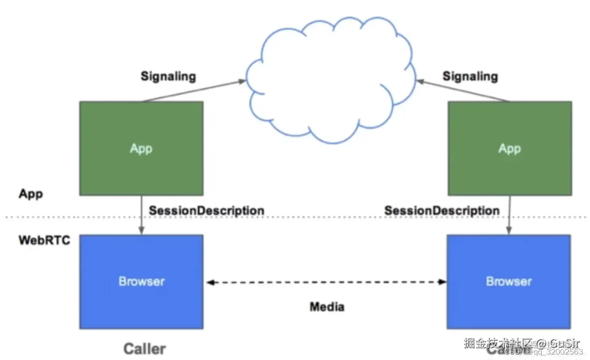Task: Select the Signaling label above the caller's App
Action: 168,76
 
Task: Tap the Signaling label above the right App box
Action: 470,76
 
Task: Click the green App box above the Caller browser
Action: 141,148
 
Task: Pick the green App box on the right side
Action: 510,148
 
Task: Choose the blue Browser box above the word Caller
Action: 141,281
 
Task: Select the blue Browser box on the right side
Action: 509,281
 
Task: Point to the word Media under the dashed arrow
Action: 327,307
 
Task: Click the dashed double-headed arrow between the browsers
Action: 326,282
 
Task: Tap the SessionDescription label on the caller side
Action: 206,210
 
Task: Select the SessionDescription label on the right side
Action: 442,211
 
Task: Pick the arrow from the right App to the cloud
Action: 463,91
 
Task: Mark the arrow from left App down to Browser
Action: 142,215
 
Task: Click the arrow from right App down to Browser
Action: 509,215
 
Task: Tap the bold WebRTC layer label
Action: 44,240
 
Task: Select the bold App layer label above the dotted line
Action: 30,194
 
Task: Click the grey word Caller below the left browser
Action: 144,348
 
